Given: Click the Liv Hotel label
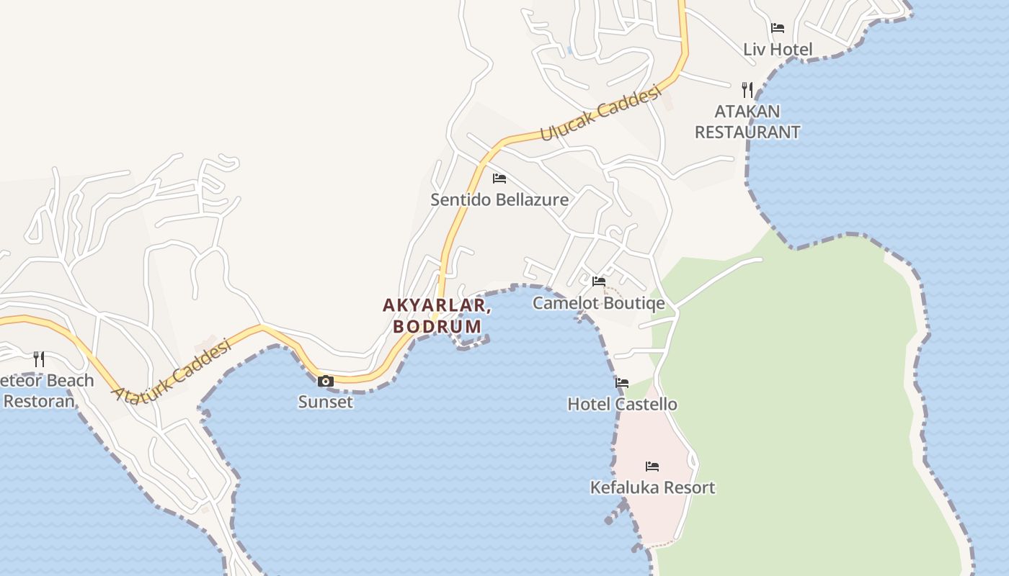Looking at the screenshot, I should [778, 50].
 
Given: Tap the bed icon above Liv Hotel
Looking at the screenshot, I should [778, 28].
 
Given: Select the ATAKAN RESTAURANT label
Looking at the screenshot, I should [747, 122].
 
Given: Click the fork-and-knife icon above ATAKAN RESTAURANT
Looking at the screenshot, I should [747, 90].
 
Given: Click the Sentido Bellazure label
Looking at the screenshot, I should [499, 199].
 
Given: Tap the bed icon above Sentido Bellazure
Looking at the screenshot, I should [499, 178].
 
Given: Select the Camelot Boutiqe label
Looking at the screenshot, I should [598, 302].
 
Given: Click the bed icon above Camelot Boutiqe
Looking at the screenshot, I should [599, 281].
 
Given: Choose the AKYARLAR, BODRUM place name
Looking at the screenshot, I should [437, 315].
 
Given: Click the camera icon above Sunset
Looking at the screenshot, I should [326, 381].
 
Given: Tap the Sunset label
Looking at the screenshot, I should [326, 402].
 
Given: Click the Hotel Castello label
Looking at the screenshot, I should [623, 404].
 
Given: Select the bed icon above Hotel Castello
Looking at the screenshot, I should [622, 383].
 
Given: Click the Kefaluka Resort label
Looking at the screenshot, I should [653, 487].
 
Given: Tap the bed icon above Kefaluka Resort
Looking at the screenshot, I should [652, 467].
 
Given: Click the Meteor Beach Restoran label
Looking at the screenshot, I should [43, 390].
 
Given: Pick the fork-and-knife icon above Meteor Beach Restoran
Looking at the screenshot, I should [39, 359].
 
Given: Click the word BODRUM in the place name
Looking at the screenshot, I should [437, 326].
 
